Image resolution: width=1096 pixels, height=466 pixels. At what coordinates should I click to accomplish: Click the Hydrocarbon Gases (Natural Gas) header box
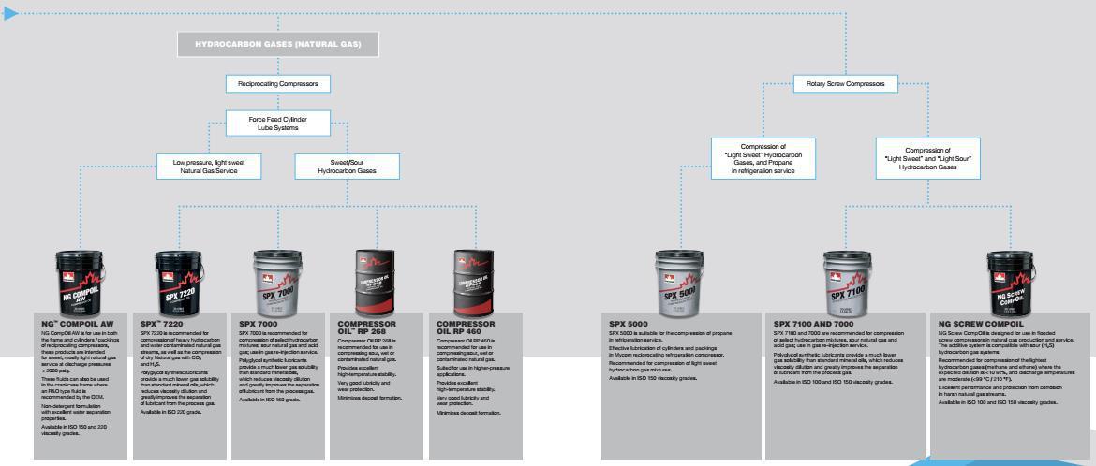pos(277,44)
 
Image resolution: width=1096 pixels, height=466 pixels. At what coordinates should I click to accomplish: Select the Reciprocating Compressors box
pos(277,84)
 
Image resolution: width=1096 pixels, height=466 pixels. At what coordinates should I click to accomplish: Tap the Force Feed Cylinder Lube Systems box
pos(277,124)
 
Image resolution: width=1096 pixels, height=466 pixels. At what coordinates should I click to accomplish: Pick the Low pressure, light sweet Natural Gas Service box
pos(205,167)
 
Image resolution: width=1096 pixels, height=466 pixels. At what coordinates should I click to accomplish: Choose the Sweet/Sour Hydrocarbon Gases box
pos(347,167)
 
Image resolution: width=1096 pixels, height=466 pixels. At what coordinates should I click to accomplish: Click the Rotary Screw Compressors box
pos(845,83)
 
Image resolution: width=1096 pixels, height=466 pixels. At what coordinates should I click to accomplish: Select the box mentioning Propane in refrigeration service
pos(763,159)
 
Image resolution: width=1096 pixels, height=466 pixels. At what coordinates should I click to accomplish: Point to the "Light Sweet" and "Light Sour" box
pos(928,159)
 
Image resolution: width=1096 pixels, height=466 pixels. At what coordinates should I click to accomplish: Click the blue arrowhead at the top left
pos(10,14)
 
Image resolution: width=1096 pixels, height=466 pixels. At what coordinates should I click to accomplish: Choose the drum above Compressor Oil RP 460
pos(474,283)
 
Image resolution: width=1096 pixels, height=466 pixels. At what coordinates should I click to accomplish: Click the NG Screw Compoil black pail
pos(1012,284)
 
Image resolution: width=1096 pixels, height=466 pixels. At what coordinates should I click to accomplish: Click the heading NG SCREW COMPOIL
pos(978,324)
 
